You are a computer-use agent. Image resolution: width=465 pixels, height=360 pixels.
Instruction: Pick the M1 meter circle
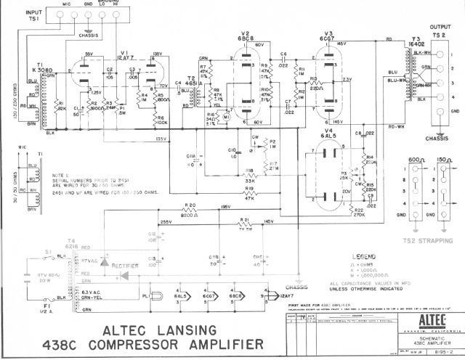click(227, 115)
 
